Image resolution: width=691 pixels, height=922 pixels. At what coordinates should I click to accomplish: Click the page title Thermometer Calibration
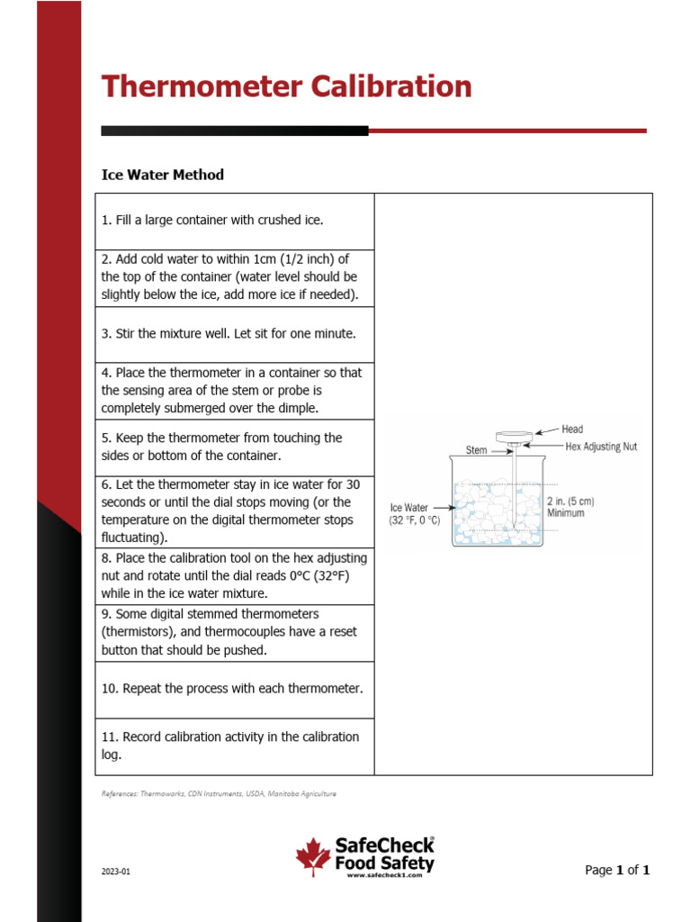point(286,87)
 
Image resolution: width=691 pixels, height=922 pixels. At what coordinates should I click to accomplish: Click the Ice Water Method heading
point(162,175)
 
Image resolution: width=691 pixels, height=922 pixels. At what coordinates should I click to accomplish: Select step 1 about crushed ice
point(211,220)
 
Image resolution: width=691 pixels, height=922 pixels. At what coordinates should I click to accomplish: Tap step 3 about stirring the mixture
point(229,333)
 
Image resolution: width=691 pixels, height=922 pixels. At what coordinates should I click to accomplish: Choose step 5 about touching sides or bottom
point(221,447)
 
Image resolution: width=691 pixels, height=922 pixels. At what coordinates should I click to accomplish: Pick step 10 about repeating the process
point(232,689)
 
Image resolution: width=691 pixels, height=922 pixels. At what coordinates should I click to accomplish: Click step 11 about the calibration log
point(229,746)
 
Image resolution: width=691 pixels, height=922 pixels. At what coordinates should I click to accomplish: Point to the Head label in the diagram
point(572,429)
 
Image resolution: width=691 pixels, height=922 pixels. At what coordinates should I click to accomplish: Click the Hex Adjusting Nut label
point(600,447)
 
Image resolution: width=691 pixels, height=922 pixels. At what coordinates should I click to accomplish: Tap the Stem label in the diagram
point(476,450)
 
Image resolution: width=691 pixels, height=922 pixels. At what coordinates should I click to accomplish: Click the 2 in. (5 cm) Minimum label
point(570,507)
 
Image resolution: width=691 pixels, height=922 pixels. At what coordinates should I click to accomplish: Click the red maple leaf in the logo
point(313,856)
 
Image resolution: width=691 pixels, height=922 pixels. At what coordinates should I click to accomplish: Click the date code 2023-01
point(115,872)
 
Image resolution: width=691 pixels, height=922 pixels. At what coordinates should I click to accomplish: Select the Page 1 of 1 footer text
point(616,870)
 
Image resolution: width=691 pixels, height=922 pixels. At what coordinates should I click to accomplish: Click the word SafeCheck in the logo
point(382,845)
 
